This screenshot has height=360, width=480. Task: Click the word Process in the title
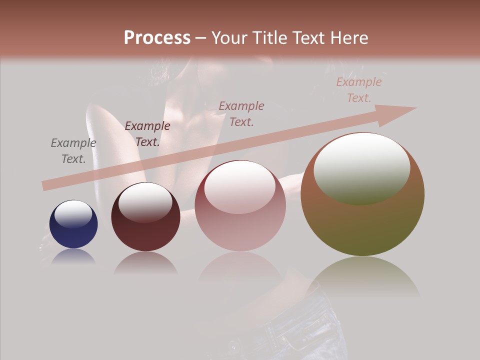click(157, 38)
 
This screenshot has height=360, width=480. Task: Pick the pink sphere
click(240, 220)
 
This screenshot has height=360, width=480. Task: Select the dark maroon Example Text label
click(147, 133)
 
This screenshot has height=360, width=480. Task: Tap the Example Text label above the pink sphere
click(241, 113)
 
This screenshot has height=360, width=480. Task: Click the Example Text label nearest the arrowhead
click(358, 89)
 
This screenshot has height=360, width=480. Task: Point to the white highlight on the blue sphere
click(73, 214)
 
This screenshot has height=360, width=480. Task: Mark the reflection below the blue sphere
click(73, 257)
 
